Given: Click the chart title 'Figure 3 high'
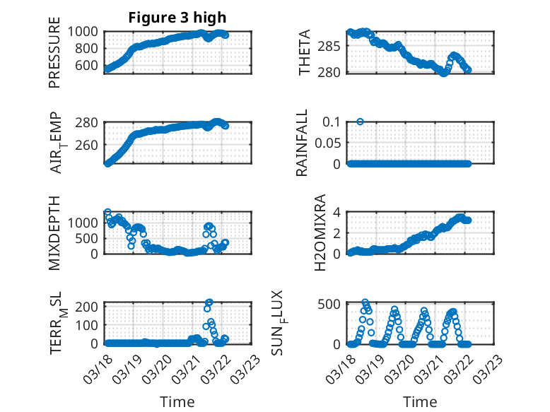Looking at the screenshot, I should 177,18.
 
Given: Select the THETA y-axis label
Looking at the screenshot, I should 305,53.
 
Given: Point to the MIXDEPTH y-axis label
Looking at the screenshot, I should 54,233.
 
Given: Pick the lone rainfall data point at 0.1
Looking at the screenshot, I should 361,122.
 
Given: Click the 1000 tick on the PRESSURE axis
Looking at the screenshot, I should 86,31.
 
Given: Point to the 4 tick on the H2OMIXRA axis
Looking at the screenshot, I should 338,212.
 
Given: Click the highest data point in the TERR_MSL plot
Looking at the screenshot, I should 209,302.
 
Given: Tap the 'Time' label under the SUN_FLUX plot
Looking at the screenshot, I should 420,402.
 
